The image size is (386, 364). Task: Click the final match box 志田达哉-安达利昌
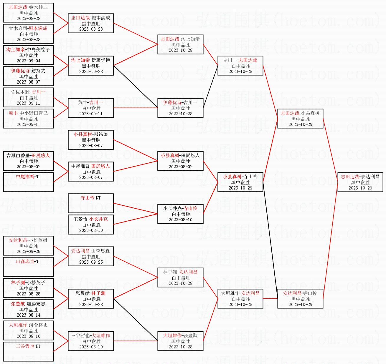360,182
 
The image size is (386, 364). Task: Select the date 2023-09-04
29,61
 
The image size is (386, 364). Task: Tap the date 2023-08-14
29,315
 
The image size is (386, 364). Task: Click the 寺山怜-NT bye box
91,203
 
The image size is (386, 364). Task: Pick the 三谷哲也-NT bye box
28,352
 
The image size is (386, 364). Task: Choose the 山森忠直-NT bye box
28,267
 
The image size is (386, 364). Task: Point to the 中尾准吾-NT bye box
28,182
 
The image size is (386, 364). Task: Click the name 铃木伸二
38,7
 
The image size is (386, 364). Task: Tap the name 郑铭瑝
101,134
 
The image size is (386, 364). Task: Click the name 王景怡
80,219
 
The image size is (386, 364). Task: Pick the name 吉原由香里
18,155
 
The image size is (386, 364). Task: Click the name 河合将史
38,325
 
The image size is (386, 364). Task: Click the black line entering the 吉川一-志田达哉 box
210,87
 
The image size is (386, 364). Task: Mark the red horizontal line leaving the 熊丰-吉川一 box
136,108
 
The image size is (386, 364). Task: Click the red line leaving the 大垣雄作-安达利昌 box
270,299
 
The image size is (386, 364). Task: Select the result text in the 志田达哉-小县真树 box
300,119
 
